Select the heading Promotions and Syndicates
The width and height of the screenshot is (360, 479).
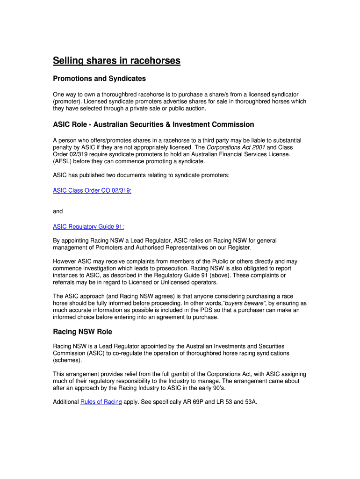99,79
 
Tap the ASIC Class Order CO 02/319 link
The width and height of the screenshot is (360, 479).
92,190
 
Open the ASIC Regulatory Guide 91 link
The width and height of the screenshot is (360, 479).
88,227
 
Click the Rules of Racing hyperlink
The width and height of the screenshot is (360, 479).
101,402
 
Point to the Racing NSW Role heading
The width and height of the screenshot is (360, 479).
82,332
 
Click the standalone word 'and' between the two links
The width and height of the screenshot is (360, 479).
58,211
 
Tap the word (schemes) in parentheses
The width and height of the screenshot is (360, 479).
67,360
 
